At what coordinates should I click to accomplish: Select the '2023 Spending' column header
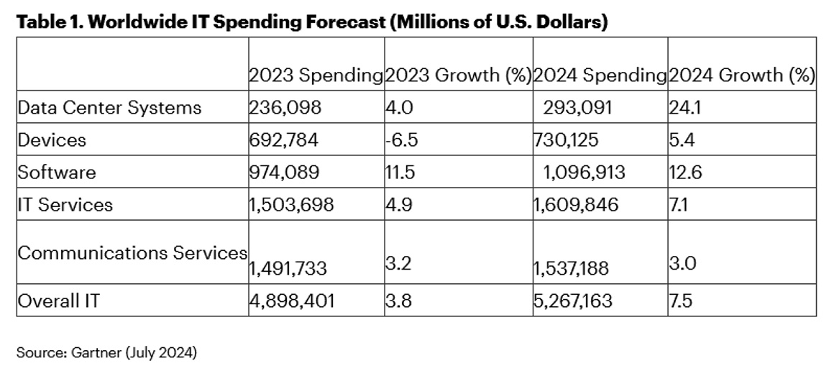tap(316, 75)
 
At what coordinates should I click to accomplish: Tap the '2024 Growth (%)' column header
tap(741, 75)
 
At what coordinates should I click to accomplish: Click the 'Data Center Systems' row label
tap(110, 108)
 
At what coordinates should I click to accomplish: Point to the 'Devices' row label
tap(52, 140)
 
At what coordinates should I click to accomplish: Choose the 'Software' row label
tap(57, 173)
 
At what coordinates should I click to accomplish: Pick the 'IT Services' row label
tap(65, 205)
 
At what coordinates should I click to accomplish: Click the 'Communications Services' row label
tap(132, 253)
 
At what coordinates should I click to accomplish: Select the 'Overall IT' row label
tap(59, 301)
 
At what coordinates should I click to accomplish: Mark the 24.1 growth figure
tap(684, 108)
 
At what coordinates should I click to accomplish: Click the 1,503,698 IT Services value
tap(291, 205)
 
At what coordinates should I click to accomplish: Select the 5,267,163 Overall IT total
tap(574, 301)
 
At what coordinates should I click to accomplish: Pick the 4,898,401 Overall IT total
tap(291, 301)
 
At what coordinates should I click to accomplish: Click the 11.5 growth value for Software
tap(400, 173)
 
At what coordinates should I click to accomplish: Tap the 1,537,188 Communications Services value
tap(572, 269)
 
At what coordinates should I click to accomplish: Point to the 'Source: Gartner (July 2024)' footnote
tap(106, 352)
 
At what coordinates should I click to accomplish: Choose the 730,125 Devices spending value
tap(565, 140)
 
